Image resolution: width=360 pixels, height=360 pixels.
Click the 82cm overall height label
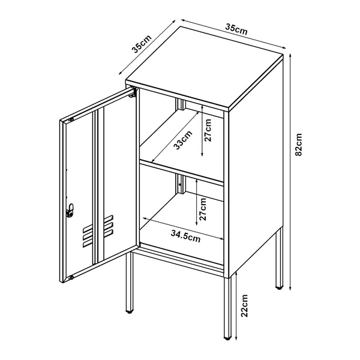pyautogui.click(x=298, y=144)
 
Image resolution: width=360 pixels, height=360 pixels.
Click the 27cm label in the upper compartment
pyautogui.click(x=208, y=130)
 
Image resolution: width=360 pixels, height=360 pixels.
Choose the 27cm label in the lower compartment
pyautogui.click(x=203, y=208)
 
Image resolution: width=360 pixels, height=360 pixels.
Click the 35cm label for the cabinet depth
pyautogui.click(x=142, y=44)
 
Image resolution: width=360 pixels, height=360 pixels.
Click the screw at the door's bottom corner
pyautogui.click(x=71, y=277)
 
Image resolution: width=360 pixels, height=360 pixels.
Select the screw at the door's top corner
pyautogui.click(x=71, y=121)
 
